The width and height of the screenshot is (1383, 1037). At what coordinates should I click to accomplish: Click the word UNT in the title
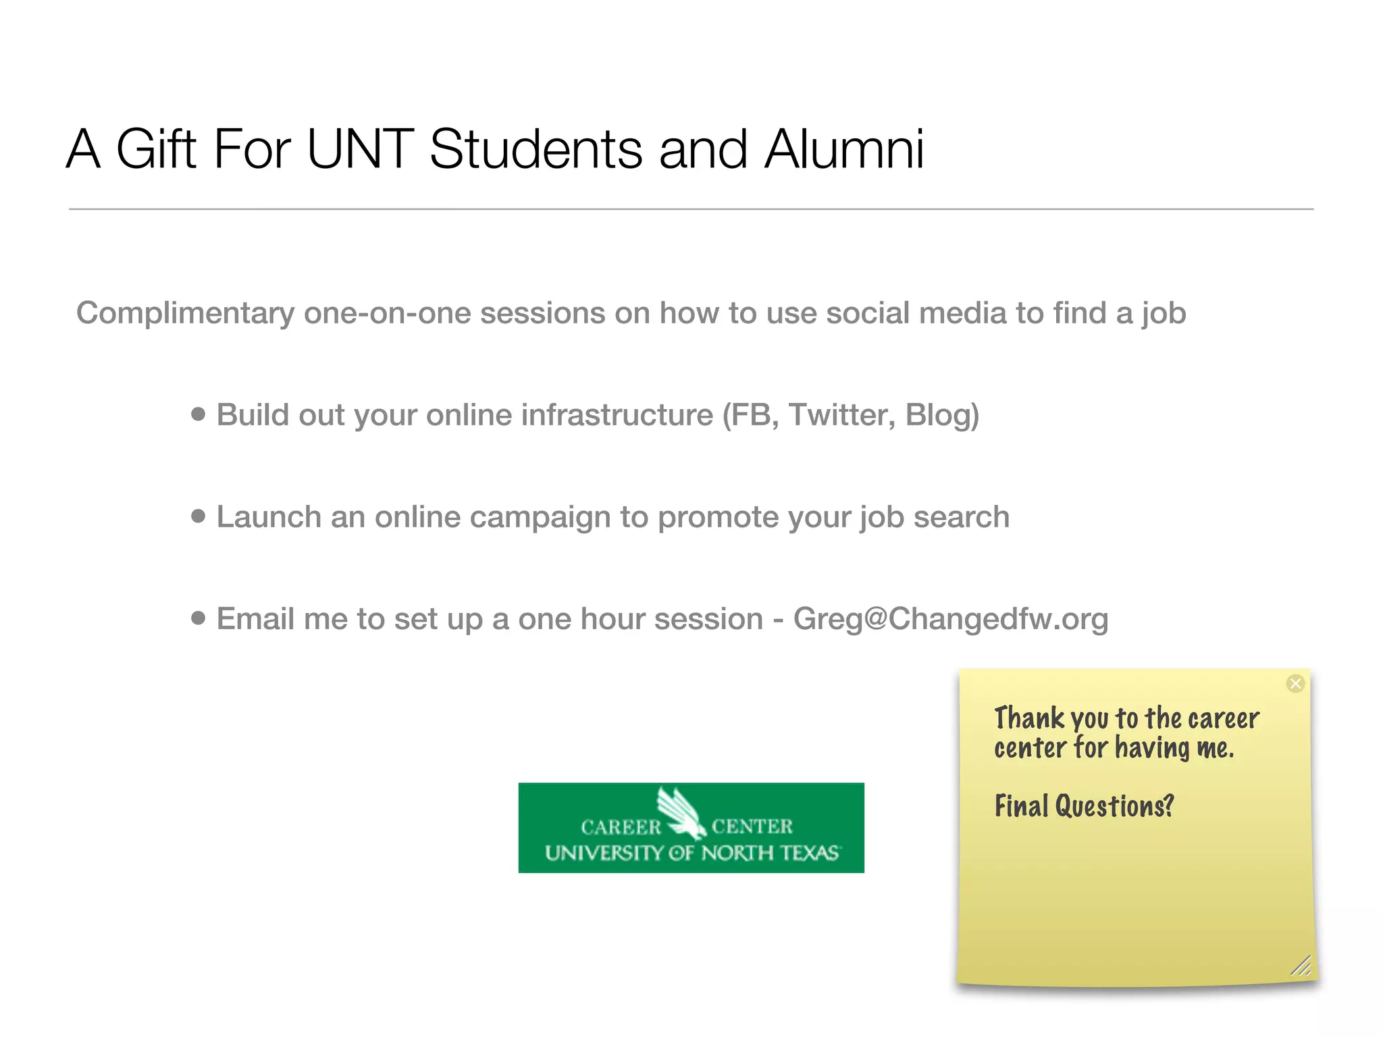tap(360, 149)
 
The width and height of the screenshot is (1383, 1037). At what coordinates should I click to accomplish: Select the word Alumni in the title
tap(844, 149)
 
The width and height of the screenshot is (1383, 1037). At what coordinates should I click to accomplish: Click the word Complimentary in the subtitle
tap(185, 314)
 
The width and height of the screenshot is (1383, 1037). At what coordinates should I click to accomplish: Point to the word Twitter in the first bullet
tap(841, 415)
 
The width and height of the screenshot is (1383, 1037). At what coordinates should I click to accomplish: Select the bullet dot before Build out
tap(198, 414)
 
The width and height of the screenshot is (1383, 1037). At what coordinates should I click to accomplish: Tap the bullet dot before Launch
tap(198, 516)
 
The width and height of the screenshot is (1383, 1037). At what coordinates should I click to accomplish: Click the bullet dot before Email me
tap(198, 618)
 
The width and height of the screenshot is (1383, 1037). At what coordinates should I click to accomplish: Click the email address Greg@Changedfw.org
tap(950, 619)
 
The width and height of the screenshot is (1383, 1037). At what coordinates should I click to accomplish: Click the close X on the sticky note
tap(1295, 684)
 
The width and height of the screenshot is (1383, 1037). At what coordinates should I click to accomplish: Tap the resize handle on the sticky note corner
tap(1301, 966)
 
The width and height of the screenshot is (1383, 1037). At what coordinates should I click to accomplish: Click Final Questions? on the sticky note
tap(1084, 806)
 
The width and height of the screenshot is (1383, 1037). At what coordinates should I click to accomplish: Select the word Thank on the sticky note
tap(1029, 718)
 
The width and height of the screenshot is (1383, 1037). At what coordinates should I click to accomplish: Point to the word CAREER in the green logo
tap(621, 827)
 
